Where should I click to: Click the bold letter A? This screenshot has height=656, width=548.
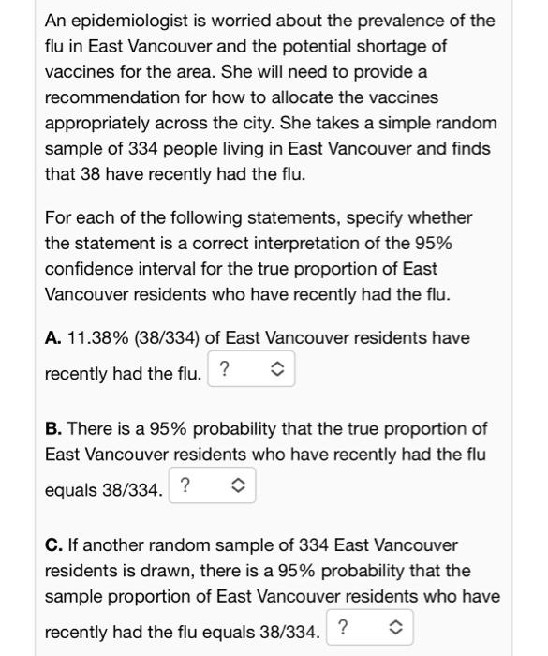click(53, 337)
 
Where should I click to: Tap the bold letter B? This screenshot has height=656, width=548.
click(53, 428)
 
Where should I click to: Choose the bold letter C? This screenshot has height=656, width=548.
click(53, 544)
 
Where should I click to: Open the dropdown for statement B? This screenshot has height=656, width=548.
click(213, 486)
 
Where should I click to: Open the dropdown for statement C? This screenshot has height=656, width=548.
click(370, 629)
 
